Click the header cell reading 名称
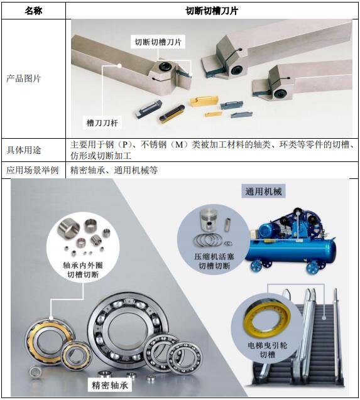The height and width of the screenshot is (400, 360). [33, 11]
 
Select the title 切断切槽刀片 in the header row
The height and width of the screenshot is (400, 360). [212, 11]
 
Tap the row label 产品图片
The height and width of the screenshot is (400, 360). [23, 78]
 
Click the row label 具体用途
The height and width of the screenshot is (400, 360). [23, 150]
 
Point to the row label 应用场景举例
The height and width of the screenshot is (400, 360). [33, 170]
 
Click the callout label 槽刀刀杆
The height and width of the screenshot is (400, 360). [102, 123]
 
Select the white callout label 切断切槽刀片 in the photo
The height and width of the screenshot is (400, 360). [158, 42]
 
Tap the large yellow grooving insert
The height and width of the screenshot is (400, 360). [204, 101]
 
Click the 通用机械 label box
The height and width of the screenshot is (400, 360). [263, 192]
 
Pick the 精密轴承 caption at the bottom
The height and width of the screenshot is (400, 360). [110, 385]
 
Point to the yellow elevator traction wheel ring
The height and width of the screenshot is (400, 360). [267, 317]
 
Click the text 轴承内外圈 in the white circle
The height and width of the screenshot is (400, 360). [83, 265]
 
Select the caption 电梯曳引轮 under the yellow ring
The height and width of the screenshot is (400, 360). [267, 345]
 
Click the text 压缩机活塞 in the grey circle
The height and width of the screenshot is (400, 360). [214, 257]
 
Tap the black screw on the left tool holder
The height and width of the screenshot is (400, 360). [165, 67]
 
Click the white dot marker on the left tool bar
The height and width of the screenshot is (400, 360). [119, 66]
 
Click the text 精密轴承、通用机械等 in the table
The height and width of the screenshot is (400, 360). [114, 170]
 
